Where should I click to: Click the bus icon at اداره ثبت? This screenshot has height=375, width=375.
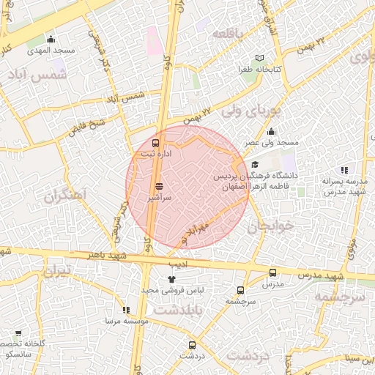click(x=156, y=143)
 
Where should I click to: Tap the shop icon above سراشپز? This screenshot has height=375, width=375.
click(x=159, y=187)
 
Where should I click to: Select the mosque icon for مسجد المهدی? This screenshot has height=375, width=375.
click(x=51, y=40)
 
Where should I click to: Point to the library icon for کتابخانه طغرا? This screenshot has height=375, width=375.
click(x=260, y=58)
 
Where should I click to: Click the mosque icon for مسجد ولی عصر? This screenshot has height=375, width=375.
click(x=271, y=132)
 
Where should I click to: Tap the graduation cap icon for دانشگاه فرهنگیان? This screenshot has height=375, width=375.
click(x=254, y=165)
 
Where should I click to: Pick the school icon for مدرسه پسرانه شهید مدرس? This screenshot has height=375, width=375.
click(x=344, y=170)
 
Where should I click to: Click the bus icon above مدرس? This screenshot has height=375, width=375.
click(x=272, y=272)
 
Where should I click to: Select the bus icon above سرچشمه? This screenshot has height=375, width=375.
click(x=240, y=290)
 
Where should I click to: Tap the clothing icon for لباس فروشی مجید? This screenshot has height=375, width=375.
click(x=171, y=279)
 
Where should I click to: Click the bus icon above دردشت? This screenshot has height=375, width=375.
click(x=193, y=344)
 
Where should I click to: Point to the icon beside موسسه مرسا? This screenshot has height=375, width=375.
click(x=126, y=311)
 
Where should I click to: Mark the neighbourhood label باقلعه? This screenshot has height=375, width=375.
click(x=227, y=34)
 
